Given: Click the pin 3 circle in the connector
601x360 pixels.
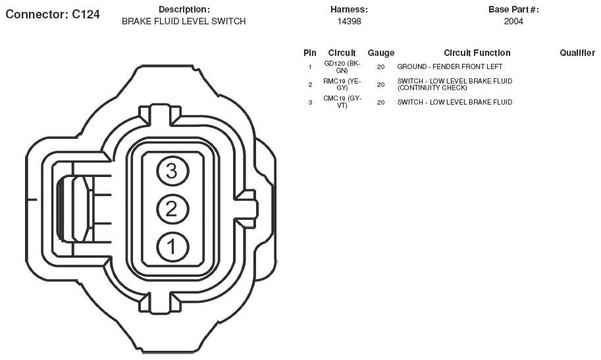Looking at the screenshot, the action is (172, 171).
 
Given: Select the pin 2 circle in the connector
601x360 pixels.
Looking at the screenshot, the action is (172, 209).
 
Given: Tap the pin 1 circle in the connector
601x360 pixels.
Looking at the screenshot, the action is (172, 247).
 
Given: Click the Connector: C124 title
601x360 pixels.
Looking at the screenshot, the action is (53, 14).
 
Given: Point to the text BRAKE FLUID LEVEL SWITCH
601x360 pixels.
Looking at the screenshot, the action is (184, 22).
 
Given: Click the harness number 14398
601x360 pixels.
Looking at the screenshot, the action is (349, 22).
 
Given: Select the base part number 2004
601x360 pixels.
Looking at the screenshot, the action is (513, 22).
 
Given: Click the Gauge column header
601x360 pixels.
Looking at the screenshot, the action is (380, 53).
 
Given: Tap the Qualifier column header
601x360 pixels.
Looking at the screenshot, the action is (577, 53).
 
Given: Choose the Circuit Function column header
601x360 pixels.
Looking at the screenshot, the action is (477, 53).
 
